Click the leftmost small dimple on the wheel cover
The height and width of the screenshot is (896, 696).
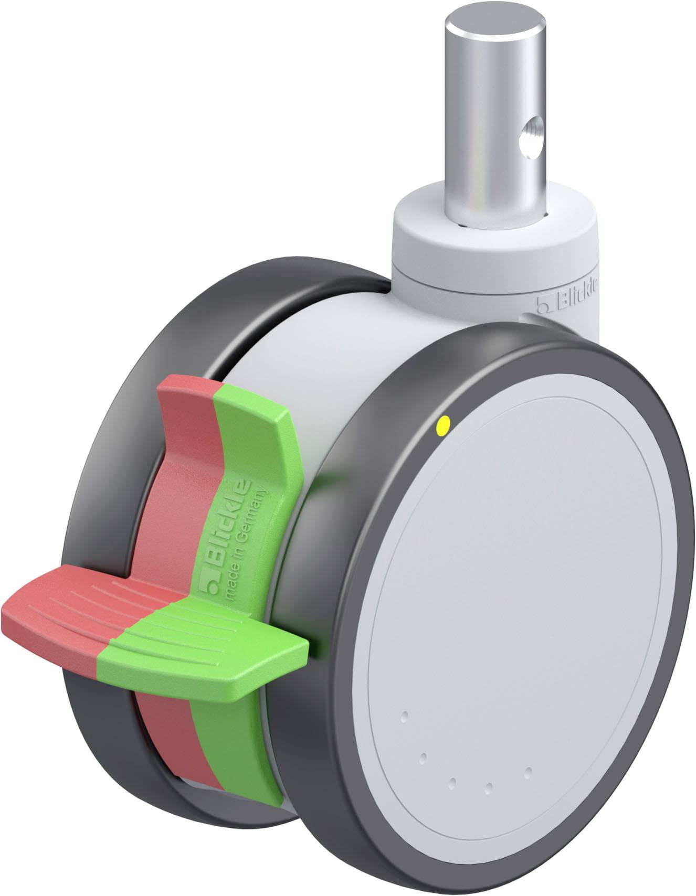[x=404, y=715]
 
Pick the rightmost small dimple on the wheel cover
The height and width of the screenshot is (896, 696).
[x=529, y=771]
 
